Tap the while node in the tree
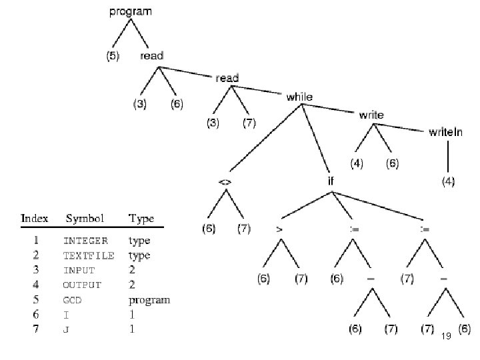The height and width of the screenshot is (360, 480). pos(299,97)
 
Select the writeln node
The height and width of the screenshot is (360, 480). pos(445,132)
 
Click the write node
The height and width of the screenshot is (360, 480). pos(371,115)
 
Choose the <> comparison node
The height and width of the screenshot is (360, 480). pos(225,181)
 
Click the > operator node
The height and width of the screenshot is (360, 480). pos(279,229)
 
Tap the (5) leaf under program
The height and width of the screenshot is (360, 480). pos(113,57)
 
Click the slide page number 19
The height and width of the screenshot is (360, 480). pos(447,337)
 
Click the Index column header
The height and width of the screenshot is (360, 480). pos(35,218)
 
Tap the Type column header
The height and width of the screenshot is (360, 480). pos(141,218)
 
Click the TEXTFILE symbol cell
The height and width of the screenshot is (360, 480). pos(88,255)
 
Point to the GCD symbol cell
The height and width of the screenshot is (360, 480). pos(73,300)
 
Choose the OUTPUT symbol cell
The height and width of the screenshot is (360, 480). pos(82,285)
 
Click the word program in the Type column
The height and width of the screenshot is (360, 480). pos(149,300)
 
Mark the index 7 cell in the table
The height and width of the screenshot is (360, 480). pos(35,329)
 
